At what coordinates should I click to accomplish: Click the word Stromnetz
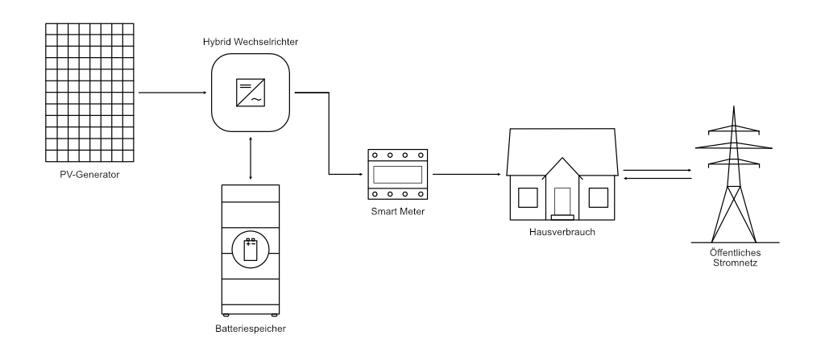[734, 262]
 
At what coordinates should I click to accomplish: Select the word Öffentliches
[734, 252]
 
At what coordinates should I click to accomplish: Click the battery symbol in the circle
[251, 250]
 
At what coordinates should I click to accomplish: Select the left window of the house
[527, 197]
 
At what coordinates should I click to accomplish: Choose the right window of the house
[598, 197]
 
